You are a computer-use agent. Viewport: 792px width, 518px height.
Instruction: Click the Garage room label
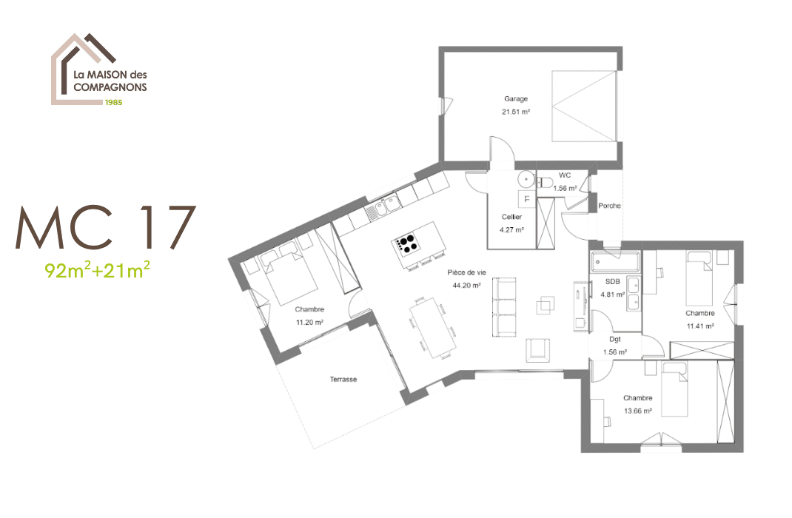(516, 98)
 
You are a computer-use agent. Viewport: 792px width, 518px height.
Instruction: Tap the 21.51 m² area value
(516, 112)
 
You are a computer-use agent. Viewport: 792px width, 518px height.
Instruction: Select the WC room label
(565, 175)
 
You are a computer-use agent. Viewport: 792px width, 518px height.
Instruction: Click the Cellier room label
(511, 217)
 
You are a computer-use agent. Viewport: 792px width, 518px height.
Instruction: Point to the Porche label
(609, 206)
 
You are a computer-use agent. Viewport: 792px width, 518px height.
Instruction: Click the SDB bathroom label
(612, 282)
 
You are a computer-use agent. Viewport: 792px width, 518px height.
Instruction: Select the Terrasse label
(343, 380)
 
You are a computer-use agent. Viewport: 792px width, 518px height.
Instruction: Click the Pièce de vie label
(465, 272)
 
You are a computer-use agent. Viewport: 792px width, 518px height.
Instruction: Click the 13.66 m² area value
(637, 411)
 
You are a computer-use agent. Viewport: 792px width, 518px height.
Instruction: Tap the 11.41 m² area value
(699, 326)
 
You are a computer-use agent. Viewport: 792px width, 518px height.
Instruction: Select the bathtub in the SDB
(614, 261)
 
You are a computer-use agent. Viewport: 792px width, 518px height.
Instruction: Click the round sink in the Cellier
(525, 178)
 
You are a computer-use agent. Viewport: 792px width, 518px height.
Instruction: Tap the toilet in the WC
(546, 182)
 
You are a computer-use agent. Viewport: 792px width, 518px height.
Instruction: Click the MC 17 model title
(107, 228)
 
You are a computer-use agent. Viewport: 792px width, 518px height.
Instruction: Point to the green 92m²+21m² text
(98, 270)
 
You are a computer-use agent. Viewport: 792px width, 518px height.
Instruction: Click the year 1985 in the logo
(113, 103)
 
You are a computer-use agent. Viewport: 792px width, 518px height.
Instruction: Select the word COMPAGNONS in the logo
(110, 87)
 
